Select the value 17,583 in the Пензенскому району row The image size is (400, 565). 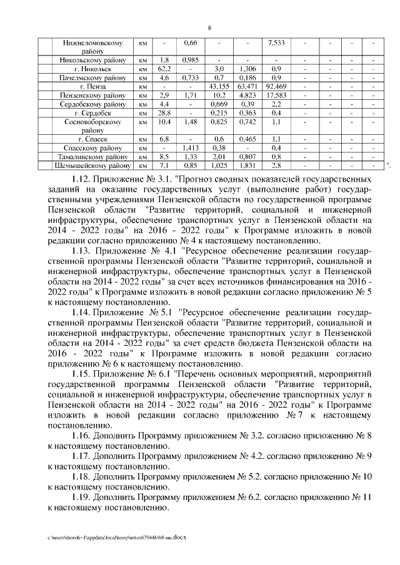click(276, 95)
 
